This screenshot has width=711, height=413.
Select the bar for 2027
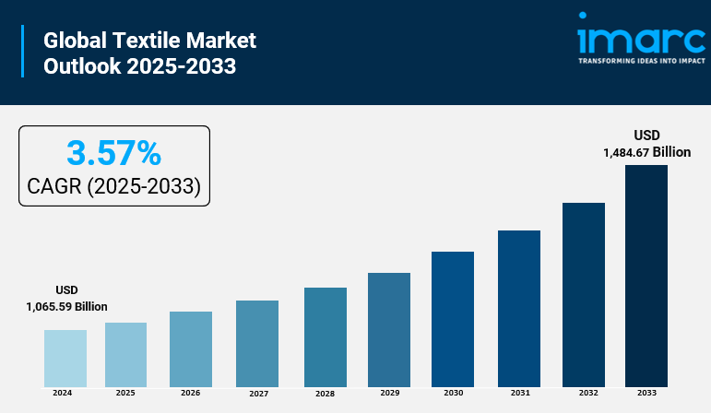[256, 343]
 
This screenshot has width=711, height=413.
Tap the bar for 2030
[452, 318]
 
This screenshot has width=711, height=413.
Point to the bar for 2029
[388, 329]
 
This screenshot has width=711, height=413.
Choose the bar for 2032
[583, 294]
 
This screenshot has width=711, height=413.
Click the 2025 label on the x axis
[125, 393]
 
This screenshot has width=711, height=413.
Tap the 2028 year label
[325, 394]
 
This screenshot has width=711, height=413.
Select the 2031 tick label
[520, 393]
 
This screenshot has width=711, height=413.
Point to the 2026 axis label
[190, 393]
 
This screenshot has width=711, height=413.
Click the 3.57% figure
[114, 152]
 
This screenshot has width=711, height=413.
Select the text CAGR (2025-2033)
[114, 186]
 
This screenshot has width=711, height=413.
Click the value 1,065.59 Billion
[66, 307]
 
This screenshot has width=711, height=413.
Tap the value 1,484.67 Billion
[646, 152]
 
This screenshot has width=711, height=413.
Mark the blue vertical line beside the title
[22, 52]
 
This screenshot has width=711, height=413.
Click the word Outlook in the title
[81, 66]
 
